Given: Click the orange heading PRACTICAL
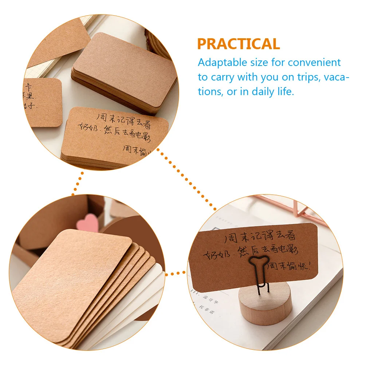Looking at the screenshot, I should [239, 44].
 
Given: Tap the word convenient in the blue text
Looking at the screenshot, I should [314, 62].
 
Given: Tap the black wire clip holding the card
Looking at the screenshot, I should [259, 271].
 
